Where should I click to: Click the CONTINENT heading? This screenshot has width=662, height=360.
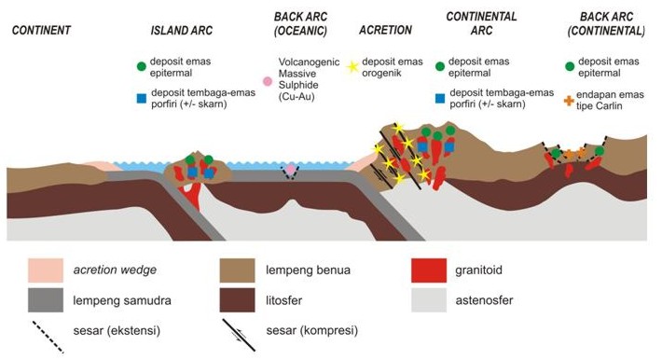pyautogui.click(x=41, y=30)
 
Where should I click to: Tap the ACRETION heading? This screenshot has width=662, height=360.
pyautogui.click(x=385, y=30)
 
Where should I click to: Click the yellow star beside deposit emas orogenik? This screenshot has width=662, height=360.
pyautogui.click(x=353, y=67)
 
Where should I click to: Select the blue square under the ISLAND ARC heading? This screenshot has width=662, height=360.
pyautogui.click(x=140, y=97)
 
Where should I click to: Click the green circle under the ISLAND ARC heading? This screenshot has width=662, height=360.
pyautogui.click(x=140, y=66)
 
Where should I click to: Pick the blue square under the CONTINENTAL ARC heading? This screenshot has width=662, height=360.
pyautogui.click(x=440, y=97)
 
